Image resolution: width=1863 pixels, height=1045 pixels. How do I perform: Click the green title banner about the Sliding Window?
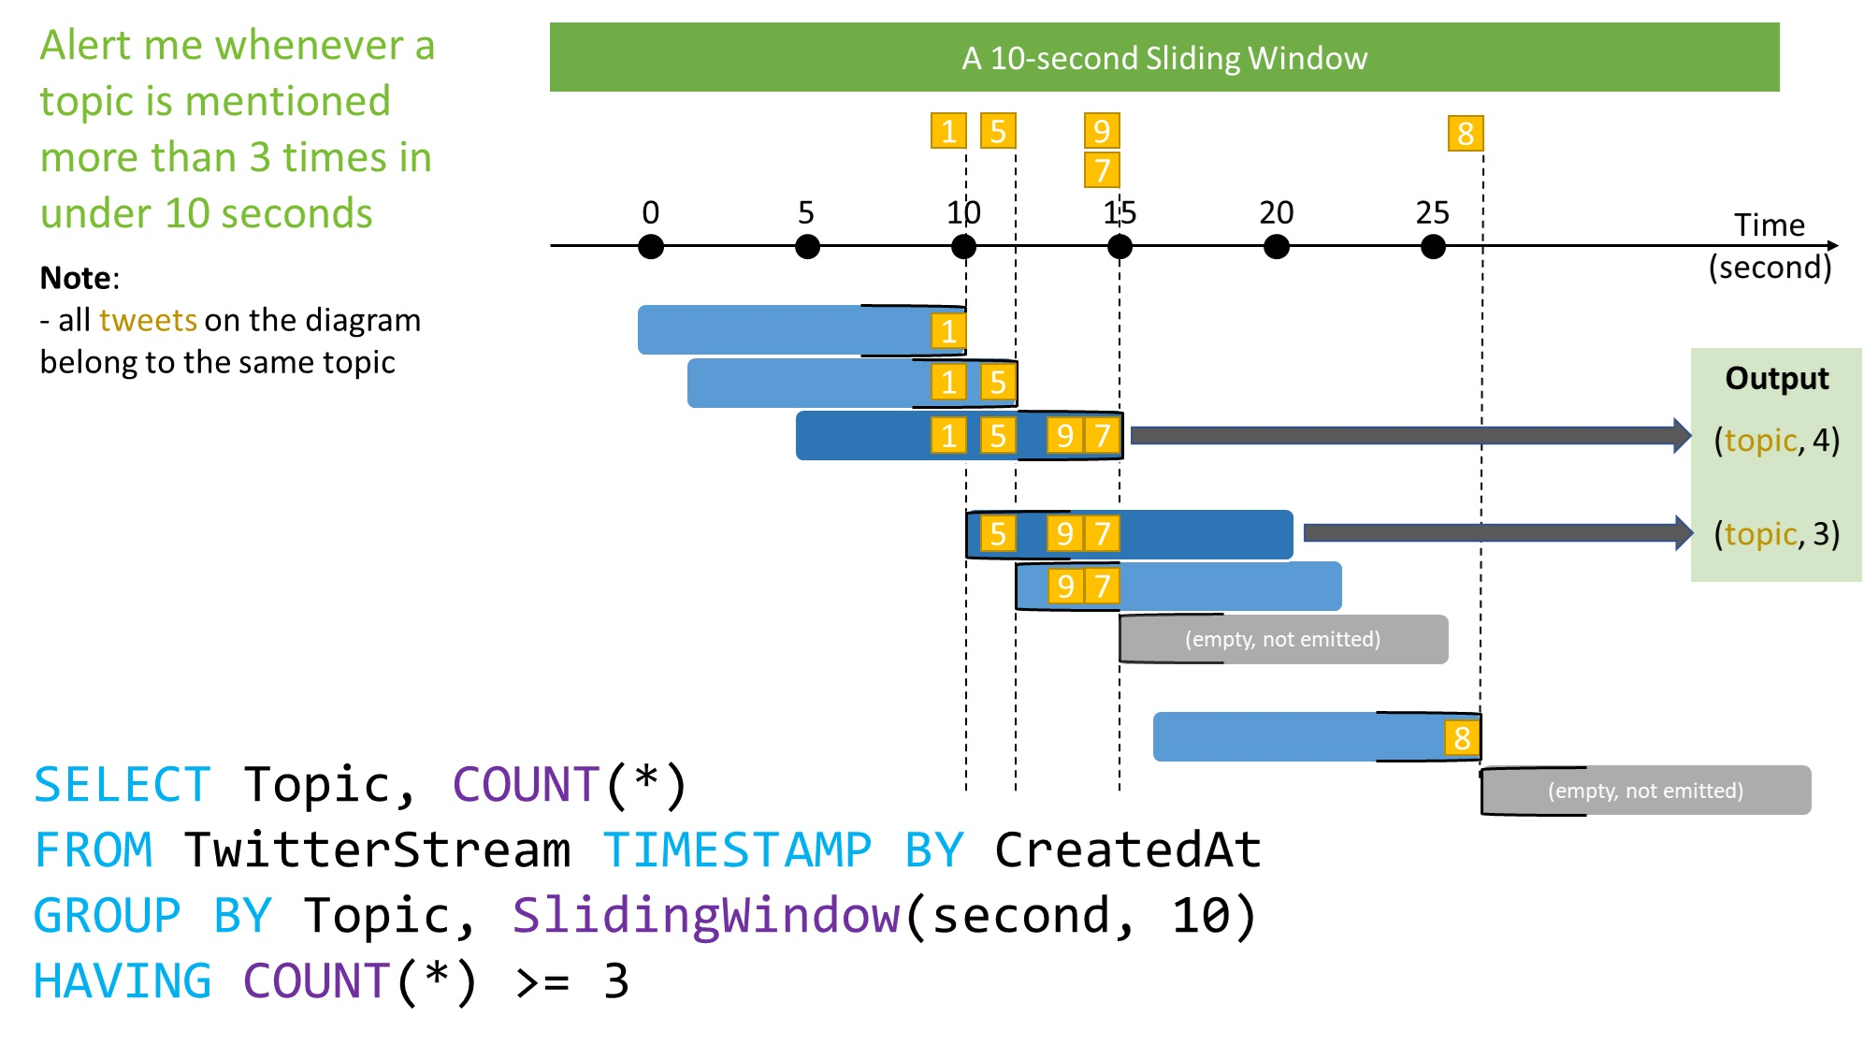pos(1163,58)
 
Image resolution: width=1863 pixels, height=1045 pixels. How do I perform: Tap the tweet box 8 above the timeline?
pos(1465,134)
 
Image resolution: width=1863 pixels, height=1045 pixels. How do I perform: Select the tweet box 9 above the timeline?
pos(1102,131)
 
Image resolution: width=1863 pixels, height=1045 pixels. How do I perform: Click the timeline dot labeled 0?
pos(651,247)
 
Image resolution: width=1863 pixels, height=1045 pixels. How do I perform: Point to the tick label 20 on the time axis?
pos(1276,213)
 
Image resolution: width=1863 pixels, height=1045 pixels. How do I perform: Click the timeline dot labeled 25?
pos(1432,247)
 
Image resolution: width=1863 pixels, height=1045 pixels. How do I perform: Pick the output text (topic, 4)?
pos(1776,440)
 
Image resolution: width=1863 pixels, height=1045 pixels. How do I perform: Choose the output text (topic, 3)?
pos(1776,533)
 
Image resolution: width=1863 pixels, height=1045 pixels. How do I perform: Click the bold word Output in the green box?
pos(1776,378)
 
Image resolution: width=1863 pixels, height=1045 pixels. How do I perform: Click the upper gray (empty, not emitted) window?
pos(1282,639)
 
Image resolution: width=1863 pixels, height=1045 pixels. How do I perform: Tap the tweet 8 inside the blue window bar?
pos(1462,738)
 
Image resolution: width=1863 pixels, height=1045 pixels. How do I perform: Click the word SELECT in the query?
pos(123,785)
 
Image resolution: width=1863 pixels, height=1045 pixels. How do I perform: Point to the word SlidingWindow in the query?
pos(705,915)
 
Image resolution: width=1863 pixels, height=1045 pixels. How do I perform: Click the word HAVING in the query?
pos(123,981)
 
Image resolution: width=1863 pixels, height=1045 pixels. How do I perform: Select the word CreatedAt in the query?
pos(1127,850)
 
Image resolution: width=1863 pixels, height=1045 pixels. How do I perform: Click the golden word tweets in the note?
pos(148,320)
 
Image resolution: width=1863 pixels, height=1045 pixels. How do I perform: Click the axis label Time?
pos(1769,225)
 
